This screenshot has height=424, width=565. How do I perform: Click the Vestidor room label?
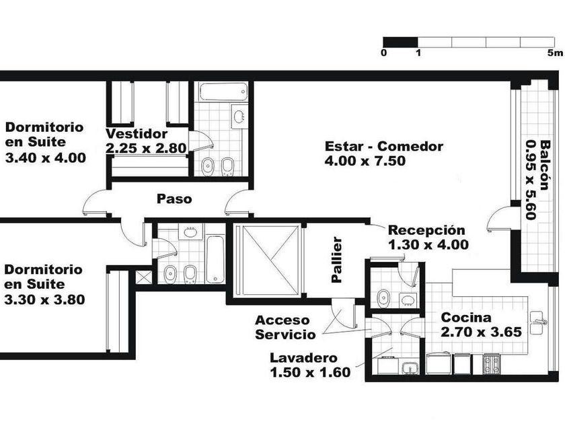(x=137, y=134)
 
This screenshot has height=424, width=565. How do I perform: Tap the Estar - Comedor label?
(x=384, y=147)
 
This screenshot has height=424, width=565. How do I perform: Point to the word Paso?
(x=174, y=199)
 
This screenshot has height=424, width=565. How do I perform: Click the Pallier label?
(x=336, y=259)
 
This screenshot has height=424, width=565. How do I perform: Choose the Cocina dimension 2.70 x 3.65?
(x=482, y=332)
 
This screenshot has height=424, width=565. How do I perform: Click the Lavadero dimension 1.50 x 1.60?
(x=310, y=372)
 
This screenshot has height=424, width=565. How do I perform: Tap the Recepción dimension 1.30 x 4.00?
(x=428, y=244)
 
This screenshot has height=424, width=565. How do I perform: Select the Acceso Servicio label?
(x=285, y=327)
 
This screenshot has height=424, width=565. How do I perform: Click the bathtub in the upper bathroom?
(x=223, y=92)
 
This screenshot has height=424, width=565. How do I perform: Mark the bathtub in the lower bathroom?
(x=215, y=259)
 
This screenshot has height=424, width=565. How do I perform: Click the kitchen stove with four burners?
(x=491, y=364)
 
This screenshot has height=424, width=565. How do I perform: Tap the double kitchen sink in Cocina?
(x=537, y=323)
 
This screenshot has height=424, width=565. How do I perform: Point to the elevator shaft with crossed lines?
(x=266, y=260)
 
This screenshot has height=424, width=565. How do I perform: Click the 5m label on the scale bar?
(x=555, y=53)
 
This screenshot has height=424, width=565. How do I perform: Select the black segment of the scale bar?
(x=400, y=42)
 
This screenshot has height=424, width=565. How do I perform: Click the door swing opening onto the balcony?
(x=499, y=219)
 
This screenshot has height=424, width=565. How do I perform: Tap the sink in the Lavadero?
(x=410, y=368)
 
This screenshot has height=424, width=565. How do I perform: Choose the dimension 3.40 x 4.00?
(x=46, y=157)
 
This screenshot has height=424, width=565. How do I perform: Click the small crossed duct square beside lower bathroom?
(x=143, y=277)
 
